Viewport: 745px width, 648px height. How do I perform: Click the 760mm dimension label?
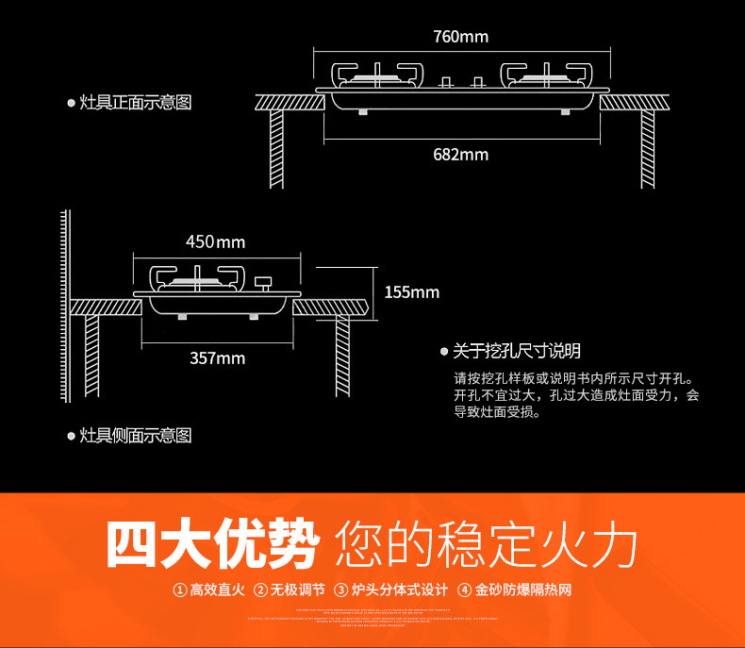tap(461, 37)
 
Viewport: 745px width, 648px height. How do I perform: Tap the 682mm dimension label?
tap(461, 154)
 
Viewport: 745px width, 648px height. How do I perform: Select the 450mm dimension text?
tap(215, 242)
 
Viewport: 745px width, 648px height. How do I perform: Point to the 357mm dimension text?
tap(217, 357)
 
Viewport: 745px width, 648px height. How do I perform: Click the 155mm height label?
tap(412, 292)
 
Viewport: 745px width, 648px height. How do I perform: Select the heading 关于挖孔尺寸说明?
tap(517, 351)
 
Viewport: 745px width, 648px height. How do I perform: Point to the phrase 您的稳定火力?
tap(487, 544)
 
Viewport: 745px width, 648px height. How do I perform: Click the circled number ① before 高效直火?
tap(179, 590)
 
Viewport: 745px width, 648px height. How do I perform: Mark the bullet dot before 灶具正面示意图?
tap(71, 102)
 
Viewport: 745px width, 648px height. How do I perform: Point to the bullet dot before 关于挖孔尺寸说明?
tap(444, 351)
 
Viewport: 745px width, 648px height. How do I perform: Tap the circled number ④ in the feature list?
tap(464, 590)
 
